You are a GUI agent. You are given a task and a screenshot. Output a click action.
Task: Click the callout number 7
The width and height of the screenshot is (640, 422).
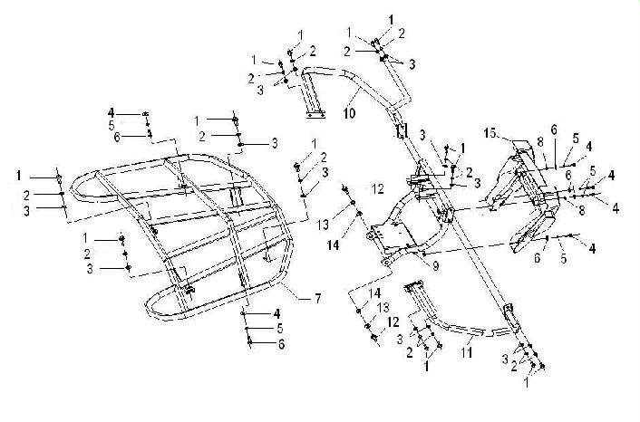tap(317, 299)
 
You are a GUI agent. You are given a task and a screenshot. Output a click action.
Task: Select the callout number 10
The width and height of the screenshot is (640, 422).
tap(349, 113)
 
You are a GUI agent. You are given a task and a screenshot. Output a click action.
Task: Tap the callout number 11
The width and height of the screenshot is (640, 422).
tap(467, 352)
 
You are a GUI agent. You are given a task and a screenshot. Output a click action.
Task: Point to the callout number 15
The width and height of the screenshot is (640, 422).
tap(490, 133)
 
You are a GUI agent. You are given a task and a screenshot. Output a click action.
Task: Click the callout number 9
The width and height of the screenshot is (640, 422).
tap(436, 266)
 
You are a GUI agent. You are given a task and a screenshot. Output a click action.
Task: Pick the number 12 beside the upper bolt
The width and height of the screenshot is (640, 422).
tap(378, 188)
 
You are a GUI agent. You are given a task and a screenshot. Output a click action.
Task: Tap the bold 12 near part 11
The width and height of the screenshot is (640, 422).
tap(393, 322)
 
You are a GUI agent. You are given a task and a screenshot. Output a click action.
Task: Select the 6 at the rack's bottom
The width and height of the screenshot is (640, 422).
tap(282, 344)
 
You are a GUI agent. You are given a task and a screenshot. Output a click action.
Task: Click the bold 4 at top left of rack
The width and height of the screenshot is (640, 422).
tap(112, 113)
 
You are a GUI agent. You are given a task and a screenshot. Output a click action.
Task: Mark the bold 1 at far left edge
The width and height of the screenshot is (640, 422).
tap(19, 176)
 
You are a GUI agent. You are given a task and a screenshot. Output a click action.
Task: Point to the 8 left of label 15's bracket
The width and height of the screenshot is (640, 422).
tap(540, 142)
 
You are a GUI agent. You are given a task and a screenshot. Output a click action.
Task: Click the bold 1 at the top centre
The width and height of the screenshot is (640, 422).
tap(392, 20)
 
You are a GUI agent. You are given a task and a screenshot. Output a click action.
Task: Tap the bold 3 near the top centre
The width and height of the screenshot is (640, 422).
tap(412, 64)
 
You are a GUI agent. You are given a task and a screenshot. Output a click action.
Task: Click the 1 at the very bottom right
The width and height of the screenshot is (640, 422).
tap(527, 382)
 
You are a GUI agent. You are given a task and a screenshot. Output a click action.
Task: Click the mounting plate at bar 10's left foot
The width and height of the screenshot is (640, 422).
tap(315, 115)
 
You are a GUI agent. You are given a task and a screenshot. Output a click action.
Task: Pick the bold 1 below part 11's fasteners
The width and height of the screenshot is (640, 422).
tap(427, 366)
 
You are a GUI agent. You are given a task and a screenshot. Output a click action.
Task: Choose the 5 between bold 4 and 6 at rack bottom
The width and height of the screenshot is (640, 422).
tap(279, 328)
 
